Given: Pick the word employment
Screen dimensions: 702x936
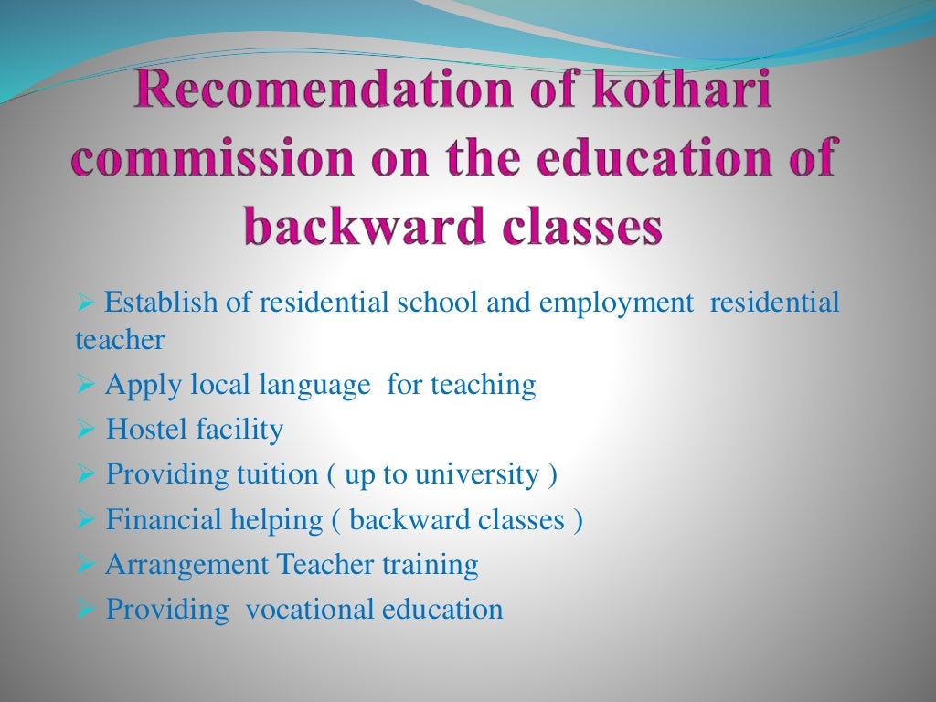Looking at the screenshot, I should click(616, 302).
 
